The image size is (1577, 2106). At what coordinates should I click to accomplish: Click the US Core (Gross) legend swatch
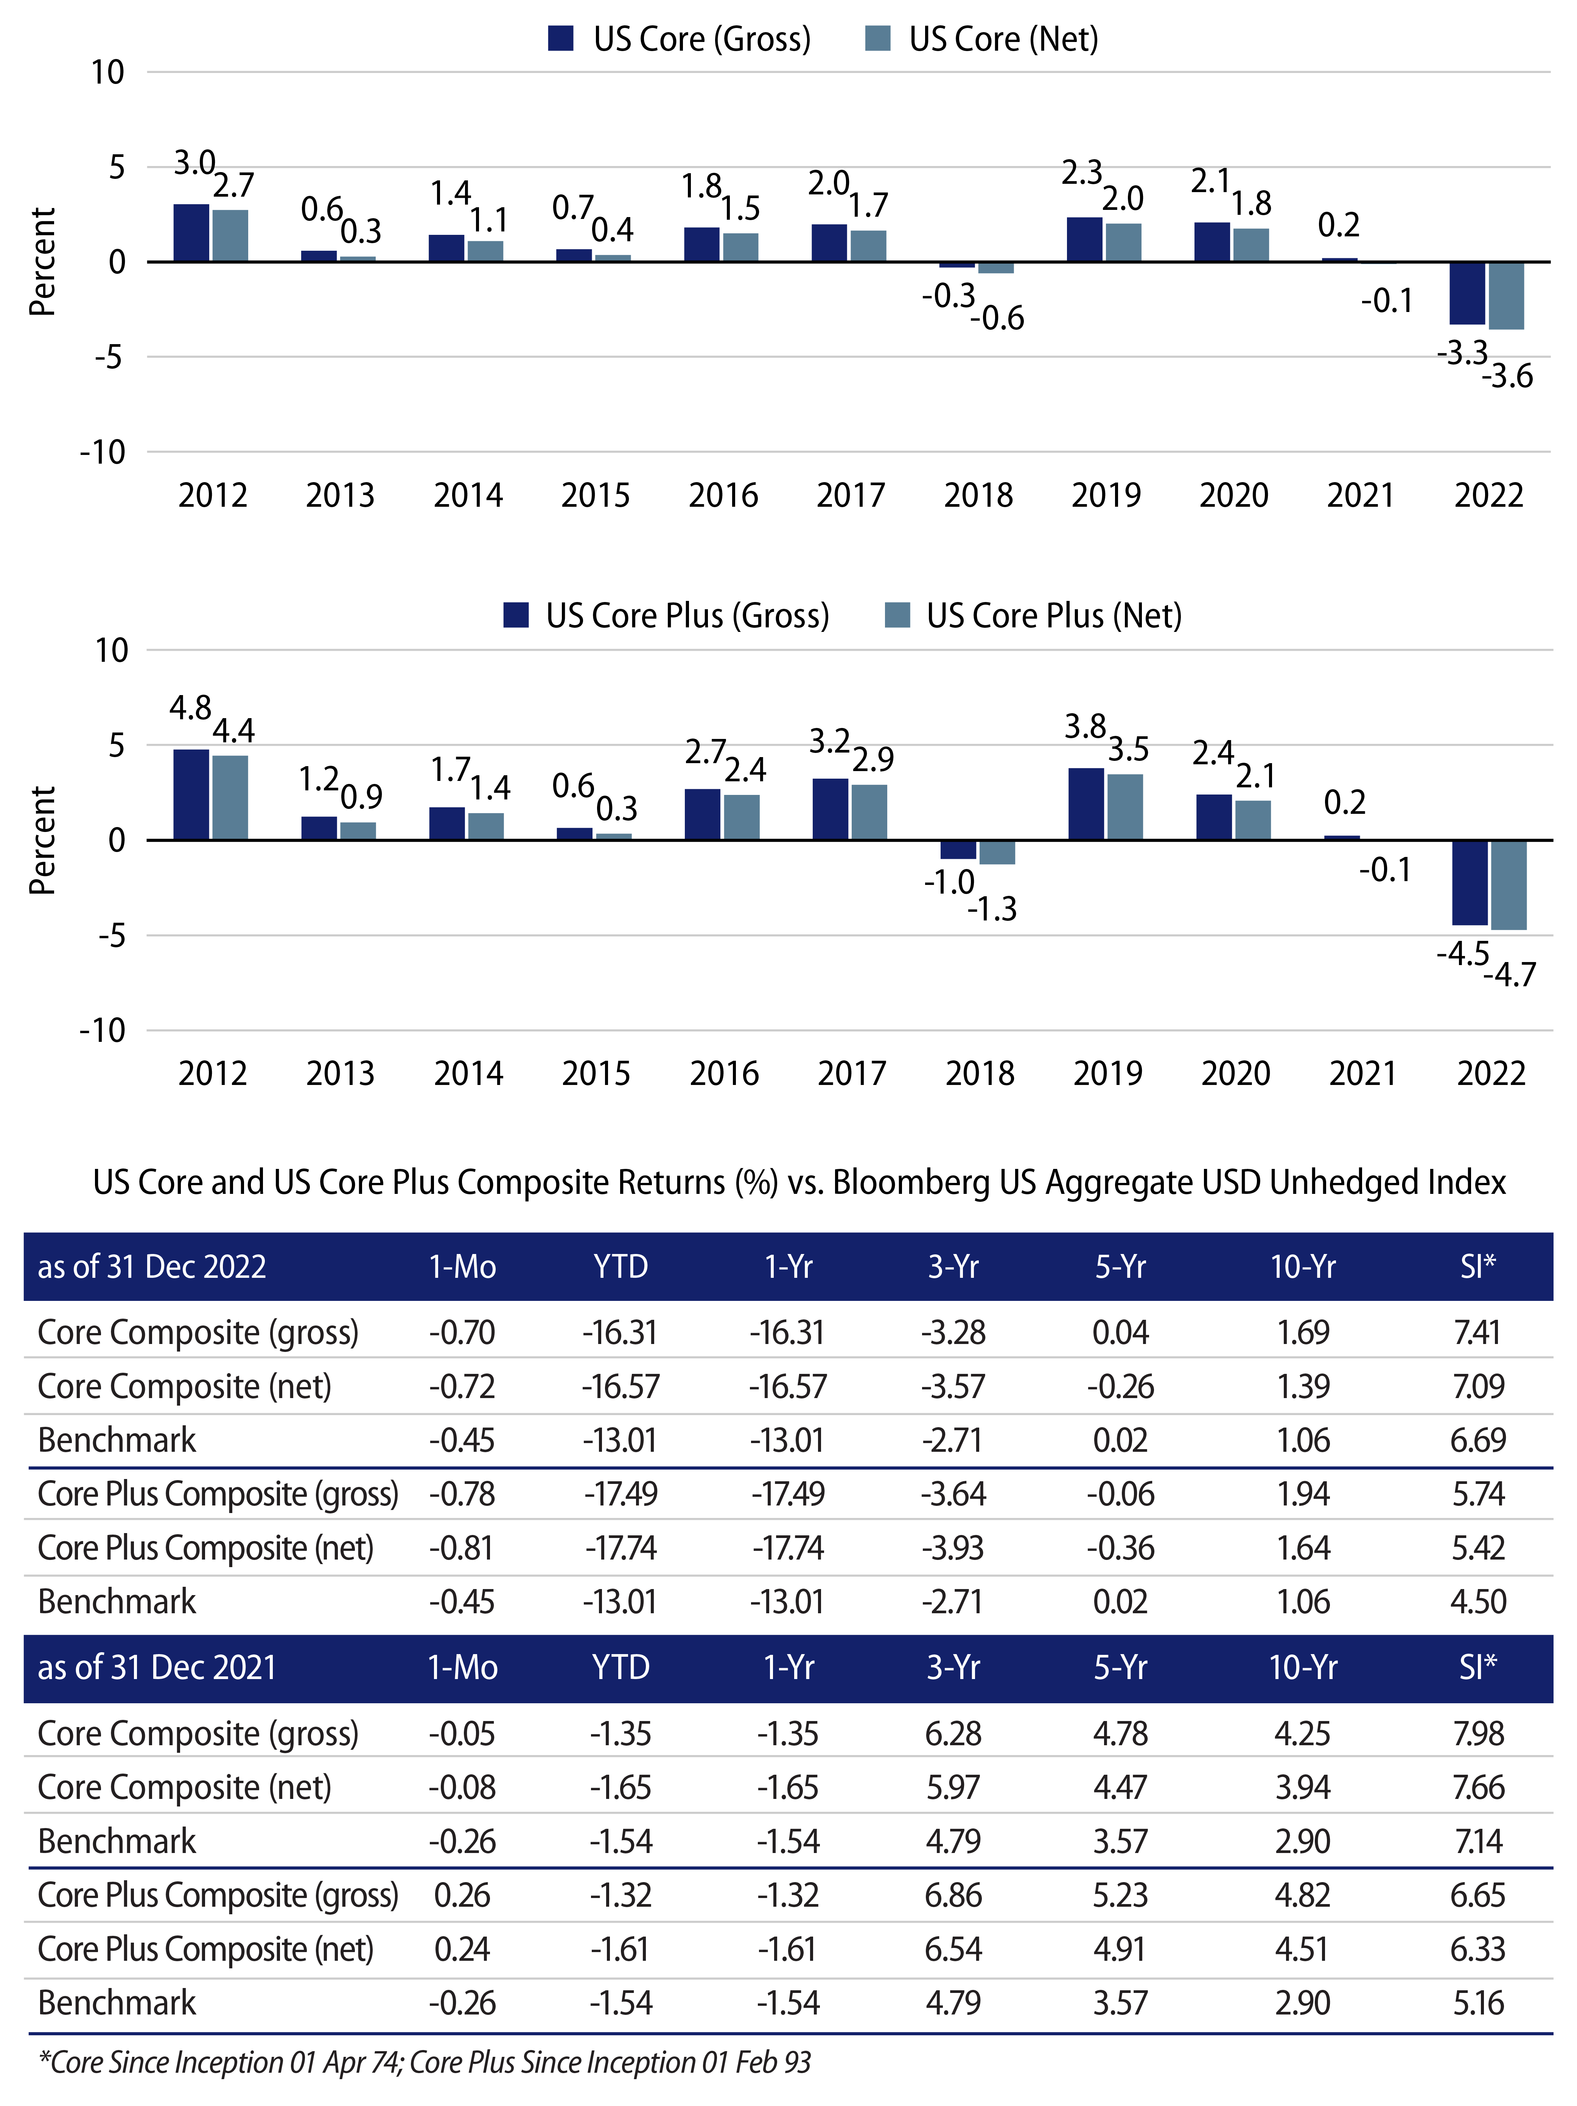pyautogui.click(x=561, y=39)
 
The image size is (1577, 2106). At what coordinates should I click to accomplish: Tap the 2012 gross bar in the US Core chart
pyautogui.click(x=191, y=233)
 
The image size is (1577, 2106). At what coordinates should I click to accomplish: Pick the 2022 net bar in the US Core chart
pyautogui.click(x=1507, y=296)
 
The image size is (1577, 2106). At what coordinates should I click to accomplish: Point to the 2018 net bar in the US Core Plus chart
pyautogui.click(x=997, y=852)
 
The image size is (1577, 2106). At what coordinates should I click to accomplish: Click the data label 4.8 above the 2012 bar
pyautogui.click(x=190, y=708)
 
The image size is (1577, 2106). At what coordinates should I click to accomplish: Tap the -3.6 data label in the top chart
pyautogui.click(x=1507, y=377)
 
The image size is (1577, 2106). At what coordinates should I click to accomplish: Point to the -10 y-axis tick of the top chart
pyautogui.click(x=103, y=452)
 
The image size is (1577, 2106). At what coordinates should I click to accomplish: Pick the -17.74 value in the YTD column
pyautogui.click(x=621, y=1548)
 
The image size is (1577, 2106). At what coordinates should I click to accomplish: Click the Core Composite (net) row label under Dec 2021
pyautogui.click(x=185, y=1787)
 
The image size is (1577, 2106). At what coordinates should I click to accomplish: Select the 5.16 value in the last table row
pyautogui.click(x=1478, y=2003)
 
